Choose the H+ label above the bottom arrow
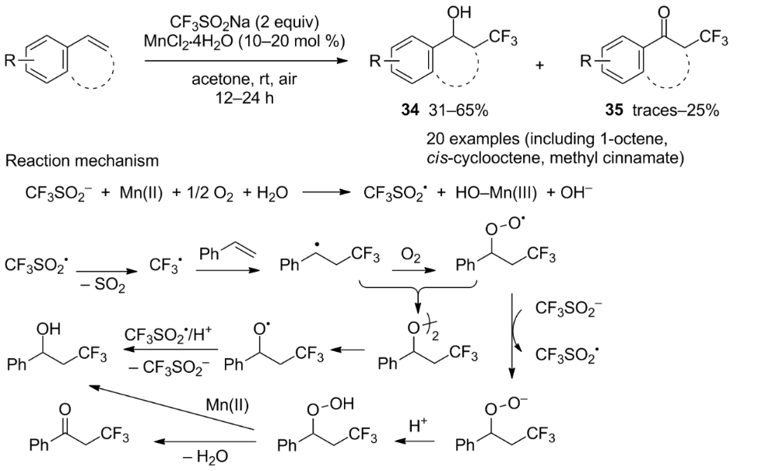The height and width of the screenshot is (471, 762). click(418, 426)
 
